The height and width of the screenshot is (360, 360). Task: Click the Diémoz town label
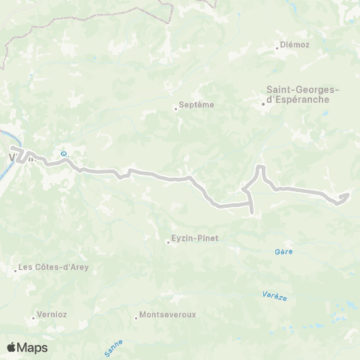click(294, 45)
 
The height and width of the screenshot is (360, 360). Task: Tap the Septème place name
click(197, 106)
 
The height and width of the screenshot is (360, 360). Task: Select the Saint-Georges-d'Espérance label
click(303, 95)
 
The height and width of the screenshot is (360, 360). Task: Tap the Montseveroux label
click(168, 315)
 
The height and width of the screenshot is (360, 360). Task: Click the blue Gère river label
click(283, 252)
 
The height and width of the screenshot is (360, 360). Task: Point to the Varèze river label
click(275, 296)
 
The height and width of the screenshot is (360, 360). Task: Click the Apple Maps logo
click(27, 347)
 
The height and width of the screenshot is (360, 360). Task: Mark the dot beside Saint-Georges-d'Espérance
click(263, 104)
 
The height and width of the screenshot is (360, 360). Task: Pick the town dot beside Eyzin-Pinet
click(168, 241)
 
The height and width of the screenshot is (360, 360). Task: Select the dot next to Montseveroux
click(136, 316)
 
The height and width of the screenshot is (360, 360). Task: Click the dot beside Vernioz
click(35, 316)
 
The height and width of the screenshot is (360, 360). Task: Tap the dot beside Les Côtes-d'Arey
click(16, 268)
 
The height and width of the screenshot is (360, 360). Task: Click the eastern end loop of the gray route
click(344, 196)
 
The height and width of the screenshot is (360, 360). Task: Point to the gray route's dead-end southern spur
click(250, 212)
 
